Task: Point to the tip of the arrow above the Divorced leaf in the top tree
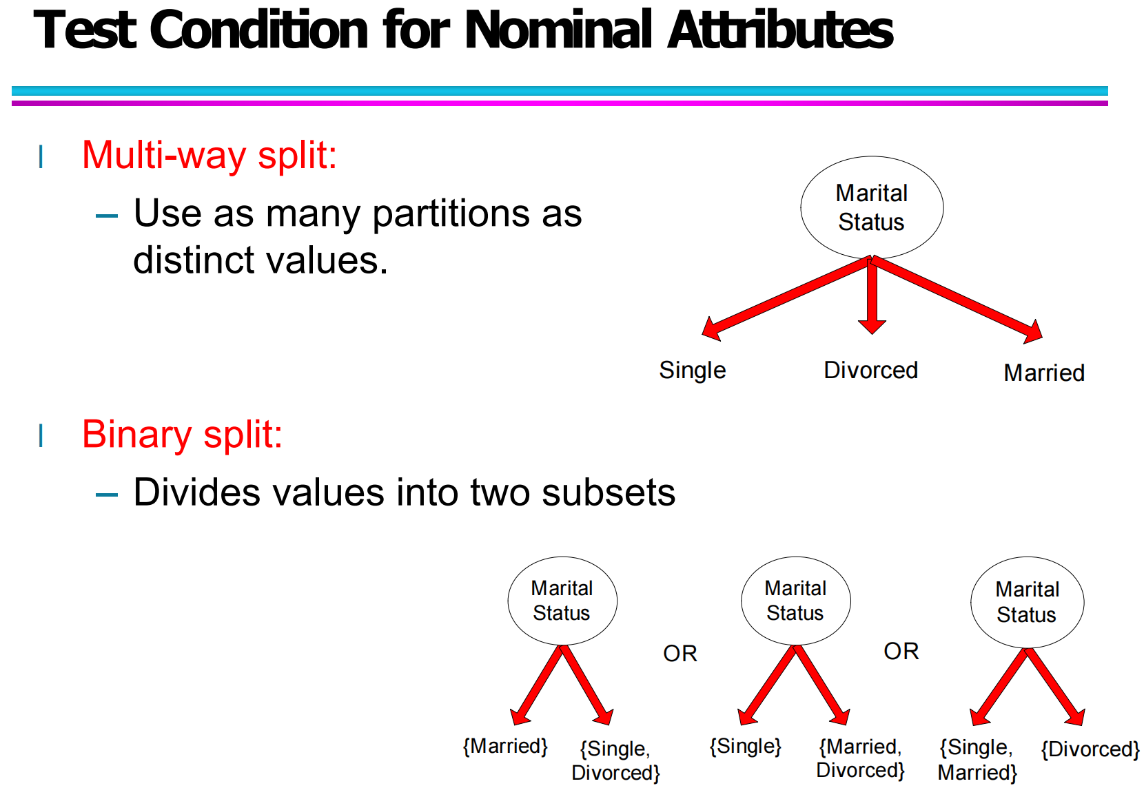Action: click(872, 334)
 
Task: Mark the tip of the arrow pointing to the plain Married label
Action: click(1042, 338)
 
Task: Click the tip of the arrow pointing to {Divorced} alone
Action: click(1082, 725)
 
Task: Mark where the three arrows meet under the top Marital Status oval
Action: click(872, 260)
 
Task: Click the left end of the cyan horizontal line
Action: click(12, 91)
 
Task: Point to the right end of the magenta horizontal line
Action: click(1108, 103)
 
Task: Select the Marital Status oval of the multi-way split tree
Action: click(872, 207)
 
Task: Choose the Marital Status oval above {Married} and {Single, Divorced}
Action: click(562, 601)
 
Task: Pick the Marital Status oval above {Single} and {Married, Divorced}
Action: click(796, 601)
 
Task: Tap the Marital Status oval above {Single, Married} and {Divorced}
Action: click(1028, 603)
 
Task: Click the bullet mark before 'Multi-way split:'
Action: click(41, 157)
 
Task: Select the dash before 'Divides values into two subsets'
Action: click(107, 495)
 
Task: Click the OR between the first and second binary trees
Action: click(680, 654)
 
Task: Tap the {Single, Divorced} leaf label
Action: click(615, 760)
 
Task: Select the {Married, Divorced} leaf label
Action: click(860, 758)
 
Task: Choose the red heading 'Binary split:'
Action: click(183, 435)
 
